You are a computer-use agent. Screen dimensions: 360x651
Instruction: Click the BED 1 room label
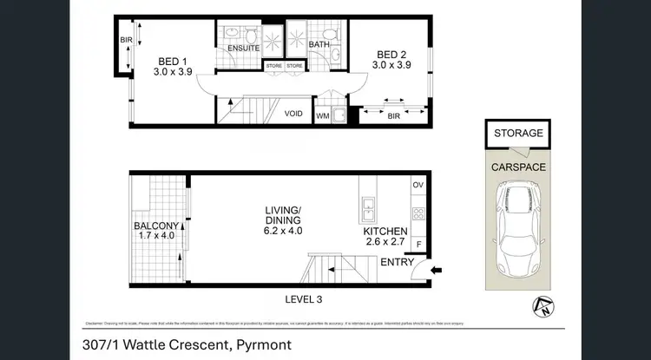coord(174,61)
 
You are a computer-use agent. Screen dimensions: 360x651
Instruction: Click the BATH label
coord(319,43)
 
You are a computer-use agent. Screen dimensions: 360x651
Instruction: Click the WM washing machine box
coord(322,115)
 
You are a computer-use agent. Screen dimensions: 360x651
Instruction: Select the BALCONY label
coord(156,227)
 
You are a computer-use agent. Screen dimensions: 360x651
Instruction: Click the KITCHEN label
coord(386,232)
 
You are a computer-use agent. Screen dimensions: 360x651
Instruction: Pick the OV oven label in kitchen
coord(418,185)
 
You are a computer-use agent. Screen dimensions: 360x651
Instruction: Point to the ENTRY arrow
coord(435,269)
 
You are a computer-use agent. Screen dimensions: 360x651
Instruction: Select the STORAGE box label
coord(518,133)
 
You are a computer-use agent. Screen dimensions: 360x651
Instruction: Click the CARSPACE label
coord(518,164)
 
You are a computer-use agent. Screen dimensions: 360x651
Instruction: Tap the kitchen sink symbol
coord(367,208)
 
